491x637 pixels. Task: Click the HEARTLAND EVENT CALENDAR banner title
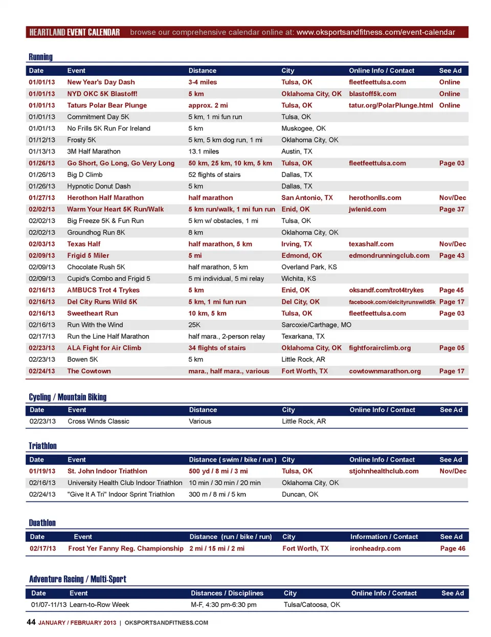click(75, 32)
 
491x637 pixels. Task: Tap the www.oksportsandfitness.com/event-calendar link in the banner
click(375, 32)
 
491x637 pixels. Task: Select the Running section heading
click(40, 57)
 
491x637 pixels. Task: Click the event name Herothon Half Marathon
click(105, 198)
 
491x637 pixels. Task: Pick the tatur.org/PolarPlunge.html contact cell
click(391, 105)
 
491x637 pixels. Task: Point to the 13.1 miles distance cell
click(204, 151)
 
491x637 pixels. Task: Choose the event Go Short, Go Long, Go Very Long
click(121, 163)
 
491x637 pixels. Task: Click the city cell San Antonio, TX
click(307, 198)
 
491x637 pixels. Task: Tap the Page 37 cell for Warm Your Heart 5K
click(452, 209)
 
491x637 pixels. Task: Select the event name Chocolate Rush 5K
click(96, 267)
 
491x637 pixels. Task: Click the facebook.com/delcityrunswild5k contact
click(392, 302)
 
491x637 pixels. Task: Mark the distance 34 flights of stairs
click(217, 348)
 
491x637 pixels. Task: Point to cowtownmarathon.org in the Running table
click(385, 371)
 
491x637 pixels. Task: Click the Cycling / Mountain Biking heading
click(68, 397)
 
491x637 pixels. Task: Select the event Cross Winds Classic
click(98, 422)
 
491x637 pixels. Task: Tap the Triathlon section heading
click(42, 446)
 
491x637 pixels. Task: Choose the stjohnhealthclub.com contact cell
click(384, 471)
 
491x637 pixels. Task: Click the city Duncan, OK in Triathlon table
click(300, 494)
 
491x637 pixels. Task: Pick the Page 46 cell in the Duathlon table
click(453, 548)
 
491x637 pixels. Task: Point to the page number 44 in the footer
click(31, 622)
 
